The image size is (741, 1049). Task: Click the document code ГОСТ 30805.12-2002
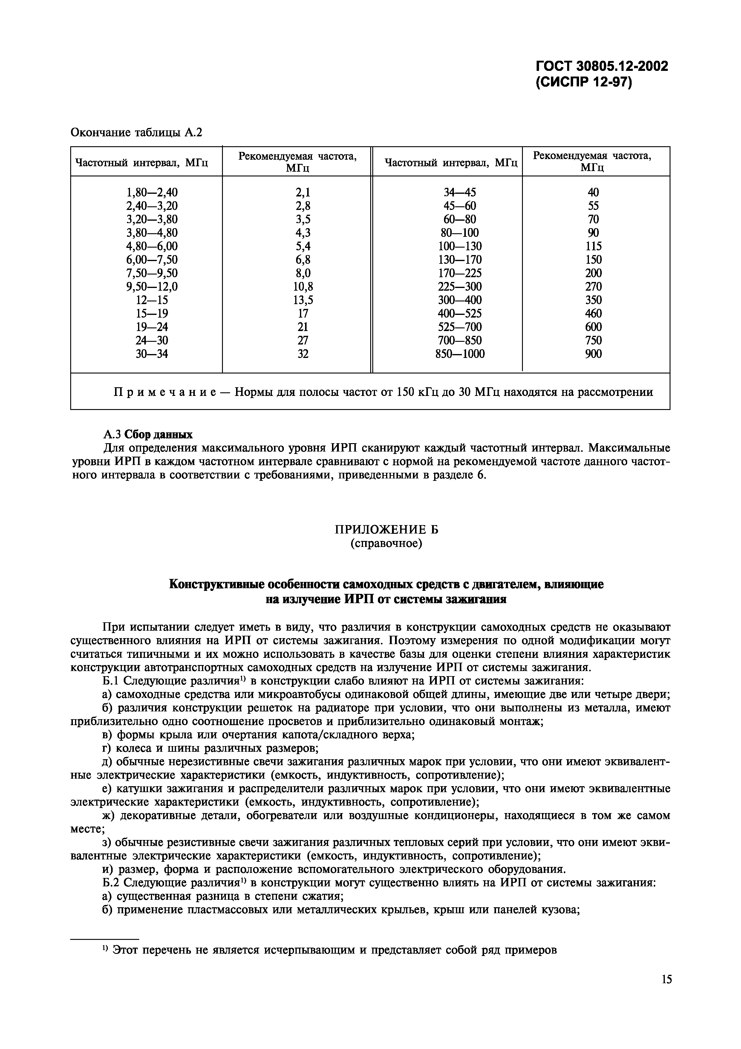click(602, 67)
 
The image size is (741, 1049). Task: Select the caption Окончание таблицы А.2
click(136, 132)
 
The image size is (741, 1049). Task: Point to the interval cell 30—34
click(151, 354)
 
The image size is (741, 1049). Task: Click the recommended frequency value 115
click(593, 246)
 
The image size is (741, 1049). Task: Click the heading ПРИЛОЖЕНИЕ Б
click(386, 530)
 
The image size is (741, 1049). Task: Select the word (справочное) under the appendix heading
click(386, 544)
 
